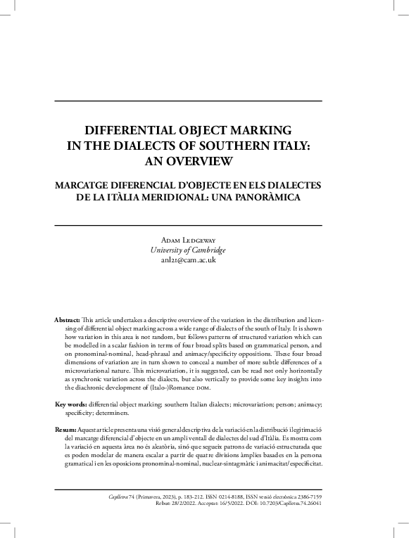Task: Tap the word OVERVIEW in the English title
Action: tap(199, 162)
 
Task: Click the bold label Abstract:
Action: tap(68, 320)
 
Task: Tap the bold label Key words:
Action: tap(71, 405)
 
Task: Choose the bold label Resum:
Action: tap(65, 429)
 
